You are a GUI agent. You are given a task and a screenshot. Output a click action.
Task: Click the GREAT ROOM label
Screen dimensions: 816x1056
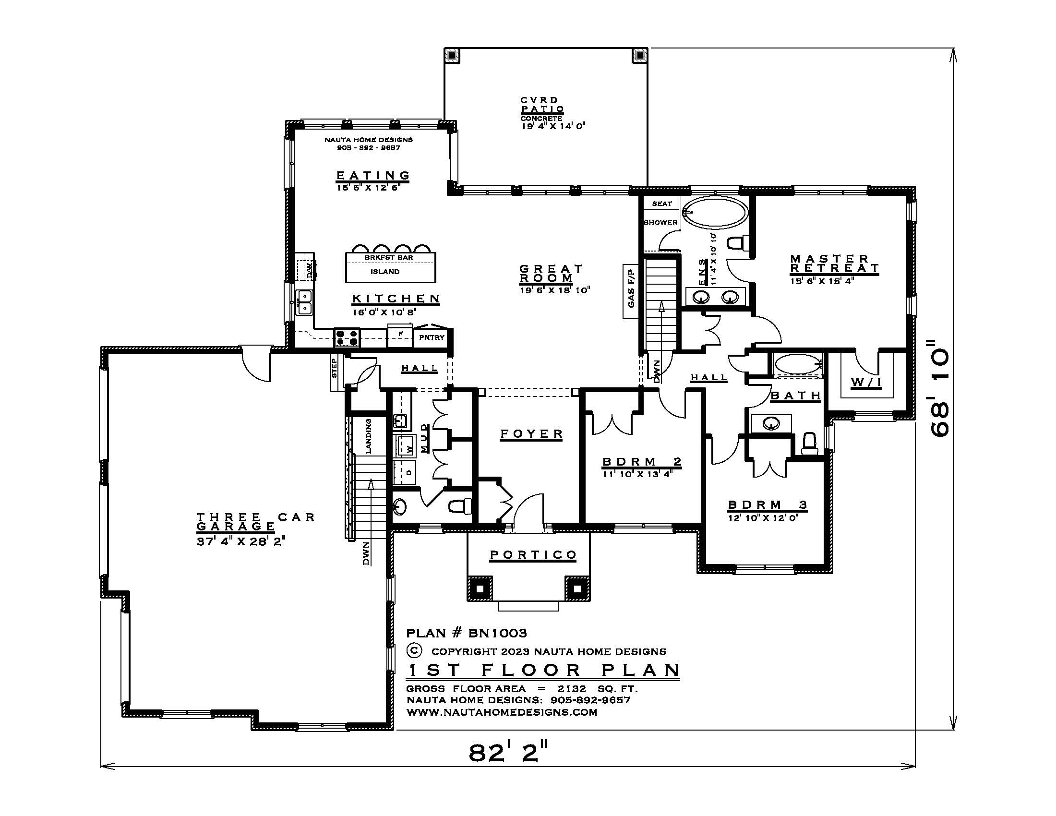pyautogui.click(x=551, y=273)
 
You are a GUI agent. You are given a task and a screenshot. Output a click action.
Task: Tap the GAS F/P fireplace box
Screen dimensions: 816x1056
pyautogui.click(x=631, y=291)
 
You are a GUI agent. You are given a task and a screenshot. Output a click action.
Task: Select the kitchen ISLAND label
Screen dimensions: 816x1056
pyautogui.click(x=385, y=272)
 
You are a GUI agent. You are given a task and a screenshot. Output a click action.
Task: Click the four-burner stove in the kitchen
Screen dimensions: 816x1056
pyautogui.click(x=347, y=337)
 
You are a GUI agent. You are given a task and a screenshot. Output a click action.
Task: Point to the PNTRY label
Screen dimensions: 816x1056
pyautogui.click(x=432, y=337)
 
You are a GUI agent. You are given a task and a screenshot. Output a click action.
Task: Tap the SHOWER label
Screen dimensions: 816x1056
pyautogui.click(x=660, y=222)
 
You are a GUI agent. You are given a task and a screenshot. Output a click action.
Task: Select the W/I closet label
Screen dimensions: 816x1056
pyautogui.click(x=866, y=383)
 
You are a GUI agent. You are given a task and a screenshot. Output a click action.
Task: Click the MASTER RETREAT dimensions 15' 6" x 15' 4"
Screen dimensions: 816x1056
pyautogui.click(x=822, y=280)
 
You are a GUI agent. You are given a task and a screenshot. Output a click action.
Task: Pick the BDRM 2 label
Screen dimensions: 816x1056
pyautogui.click(x=642, y=462)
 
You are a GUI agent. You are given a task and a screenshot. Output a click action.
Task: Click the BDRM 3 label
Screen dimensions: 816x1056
pyautogui.click(x=768, y=505)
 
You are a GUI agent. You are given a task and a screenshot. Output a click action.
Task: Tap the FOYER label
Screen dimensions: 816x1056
pyautogui.click(x=531, y=433)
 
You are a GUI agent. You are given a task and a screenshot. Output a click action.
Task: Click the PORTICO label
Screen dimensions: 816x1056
pyautogui.click(x=533, y=554)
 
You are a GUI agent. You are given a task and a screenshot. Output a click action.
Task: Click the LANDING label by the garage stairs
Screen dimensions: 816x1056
pyautogui.click(x=369, y=436)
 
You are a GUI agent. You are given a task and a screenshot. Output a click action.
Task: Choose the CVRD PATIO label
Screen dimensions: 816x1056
pyautogui.click(x=542, y=105)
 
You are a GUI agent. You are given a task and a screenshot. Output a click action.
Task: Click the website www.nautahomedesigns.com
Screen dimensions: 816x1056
pyautogui.click(x=502, y=712)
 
